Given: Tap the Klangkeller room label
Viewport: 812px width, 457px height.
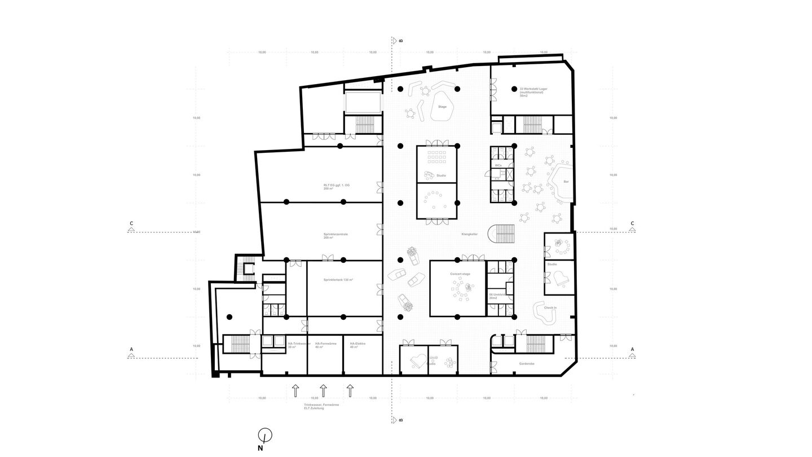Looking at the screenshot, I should [470, 234].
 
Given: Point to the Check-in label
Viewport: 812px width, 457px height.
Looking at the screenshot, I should [550, 307].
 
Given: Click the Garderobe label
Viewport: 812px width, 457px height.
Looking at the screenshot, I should [527, 363].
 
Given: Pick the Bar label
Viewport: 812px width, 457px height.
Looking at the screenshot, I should [566, 182].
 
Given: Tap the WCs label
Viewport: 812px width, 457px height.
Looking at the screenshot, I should [498, 165].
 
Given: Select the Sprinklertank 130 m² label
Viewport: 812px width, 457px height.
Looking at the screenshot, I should [338, 280].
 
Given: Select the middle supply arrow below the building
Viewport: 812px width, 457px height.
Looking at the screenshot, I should [323, 390].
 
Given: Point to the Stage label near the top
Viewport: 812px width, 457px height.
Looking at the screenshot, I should [443, 107].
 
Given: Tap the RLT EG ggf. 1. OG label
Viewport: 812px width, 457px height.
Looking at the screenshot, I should [336, 187].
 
